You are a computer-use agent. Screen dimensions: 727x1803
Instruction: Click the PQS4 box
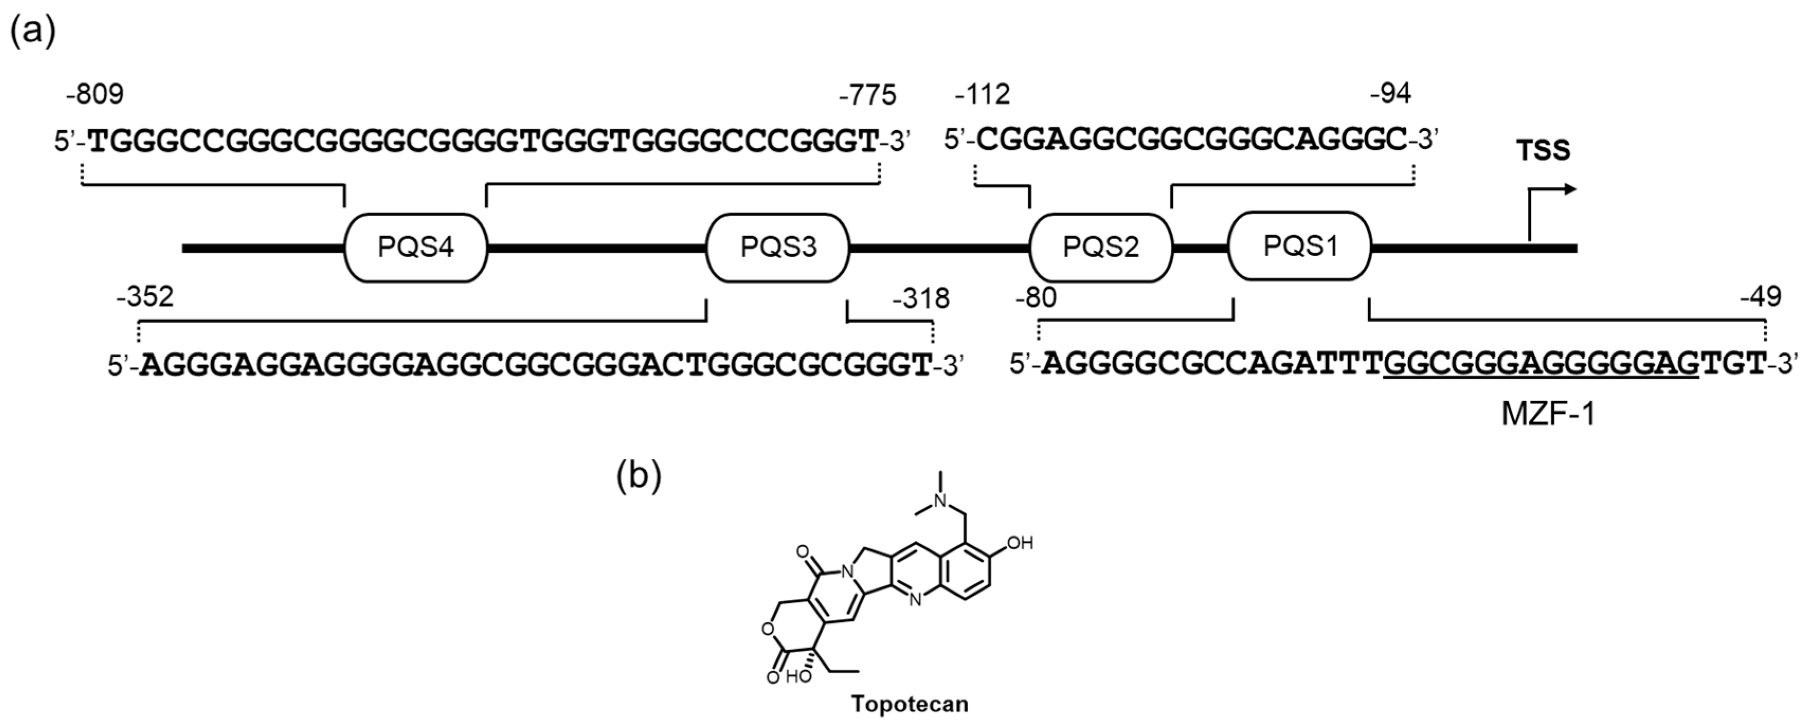416,247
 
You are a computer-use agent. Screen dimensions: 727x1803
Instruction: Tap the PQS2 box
1100,247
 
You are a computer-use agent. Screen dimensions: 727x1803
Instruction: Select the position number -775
867,95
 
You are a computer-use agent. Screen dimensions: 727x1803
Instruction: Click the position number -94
1390,94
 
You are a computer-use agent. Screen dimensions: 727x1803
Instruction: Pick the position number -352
145,297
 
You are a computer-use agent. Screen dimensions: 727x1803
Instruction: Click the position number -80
1035,297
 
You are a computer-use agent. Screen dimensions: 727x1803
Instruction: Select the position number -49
1760,297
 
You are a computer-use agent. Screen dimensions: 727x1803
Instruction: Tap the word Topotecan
909,704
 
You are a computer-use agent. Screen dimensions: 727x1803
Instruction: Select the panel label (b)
638,477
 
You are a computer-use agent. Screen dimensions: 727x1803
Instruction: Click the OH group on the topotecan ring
1020,543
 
